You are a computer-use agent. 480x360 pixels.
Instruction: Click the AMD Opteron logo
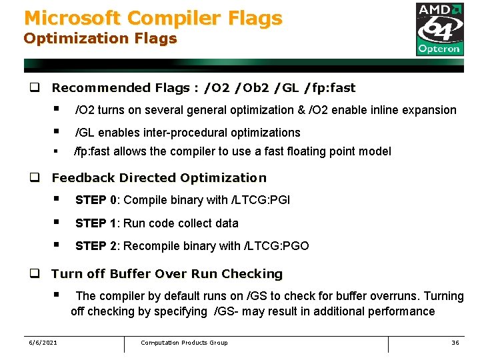click(439, 29)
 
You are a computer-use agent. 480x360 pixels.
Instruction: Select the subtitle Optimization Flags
click(101, 39)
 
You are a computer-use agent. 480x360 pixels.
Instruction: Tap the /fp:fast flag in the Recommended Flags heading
click(329, 88)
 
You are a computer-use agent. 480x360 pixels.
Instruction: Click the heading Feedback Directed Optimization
click(159, 178)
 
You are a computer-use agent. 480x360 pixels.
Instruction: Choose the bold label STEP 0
click(96, 200)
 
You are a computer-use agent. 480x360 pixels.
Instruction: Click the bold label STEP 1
click(96, 223)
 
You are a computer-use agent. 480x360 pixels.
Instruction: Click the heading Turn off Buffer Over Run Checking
click(167, 274)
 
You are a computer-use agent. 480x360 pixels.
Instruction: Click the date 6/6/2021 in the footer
click(43, 343)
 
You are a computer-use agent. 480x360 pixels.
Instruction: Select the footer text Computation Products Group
click(184, 343)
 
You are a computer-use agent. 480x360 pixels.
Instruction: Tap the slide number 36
click(455, 343)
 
